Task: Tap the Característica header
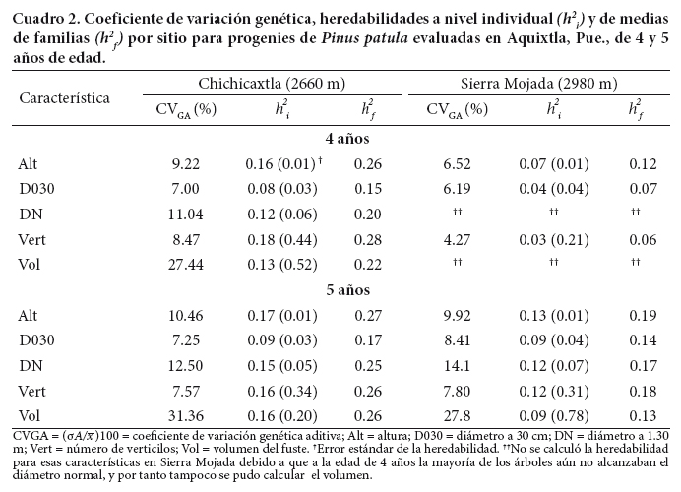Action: pyautogui.click(x=64, y=97)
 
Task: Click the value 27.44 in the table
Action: pyautogui.click(x=185, y=263)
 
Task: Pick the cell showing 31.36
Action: pyautogui.click(x=185, y=413)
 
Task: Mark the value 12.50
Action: pyautogui.click(x=185, y=364)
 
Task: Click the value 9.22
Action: pyautogui.click(x=185, y=163)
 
